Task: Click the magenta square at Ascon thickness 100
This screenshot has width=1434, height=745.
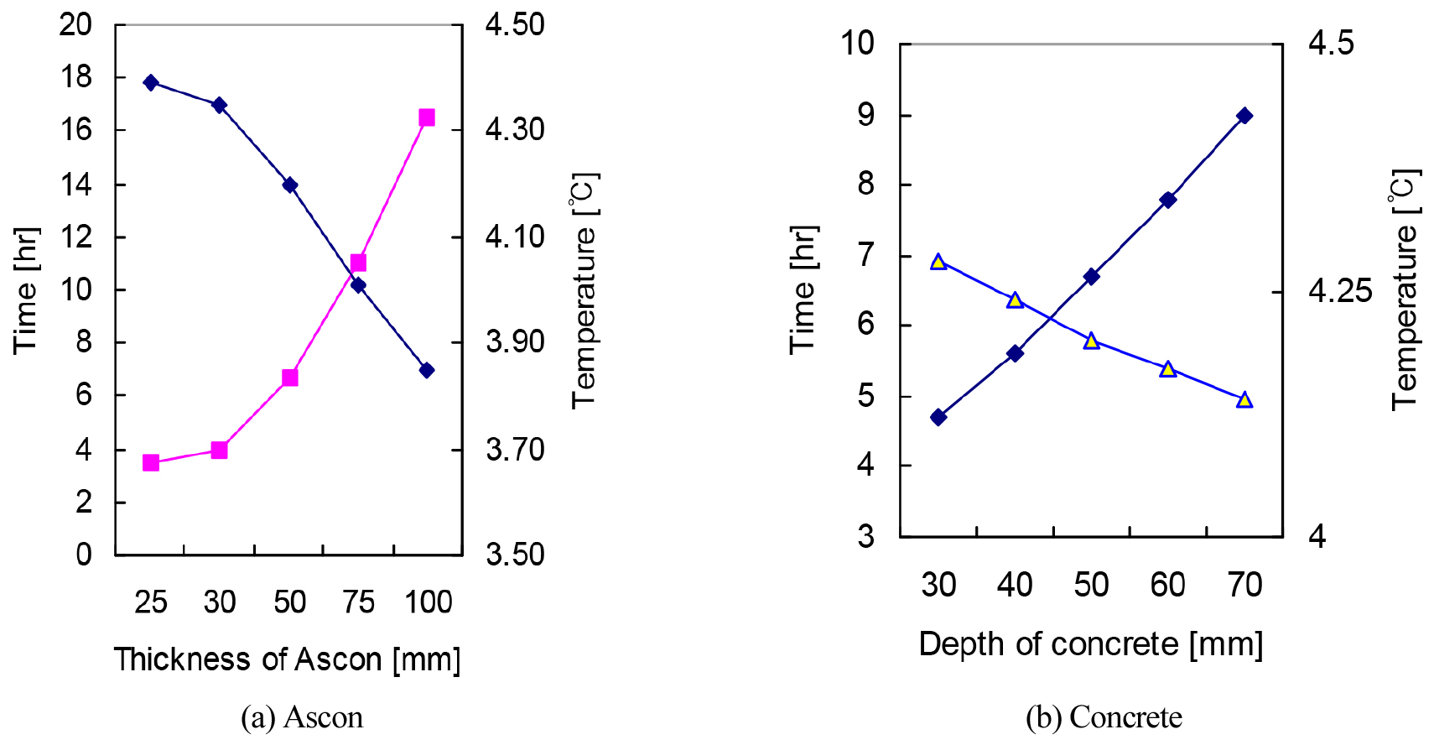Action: point(427,117)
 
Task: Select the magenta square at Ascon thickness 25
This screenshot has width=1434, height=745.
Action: point(151,462)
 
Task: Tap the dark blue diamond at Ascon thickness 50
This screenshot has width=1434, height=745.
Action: point(290,185)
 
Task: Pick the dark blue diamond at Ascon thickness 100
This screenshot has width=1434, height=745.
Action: point(427,370)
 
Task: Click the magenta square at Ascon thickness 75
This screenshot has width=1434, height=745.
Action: point(358,263)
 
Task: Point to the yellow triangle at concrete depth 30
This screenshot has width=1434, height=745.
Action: point(938,263)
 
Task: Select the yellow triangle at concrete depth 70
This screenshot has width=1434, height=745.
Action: point(1244,400)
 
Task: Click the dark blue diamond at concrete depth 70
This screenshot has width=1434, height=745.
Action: point(1244,116)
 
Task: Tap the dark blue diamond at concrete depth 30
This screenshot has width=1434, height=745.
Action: point(938,417)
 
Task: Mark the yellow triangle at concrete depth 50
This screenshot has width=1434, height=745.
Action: point(1091,341)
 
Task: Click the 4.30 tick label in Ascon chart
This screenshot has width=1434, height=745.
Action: point(515,130)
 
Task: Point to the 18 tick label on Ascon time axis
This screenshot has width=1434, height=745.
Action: point(75,77)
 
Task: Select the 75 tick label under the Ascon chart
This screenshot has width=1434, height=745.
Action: point(359,602)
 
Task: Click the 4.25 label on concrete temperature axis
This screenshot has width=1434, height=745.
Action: point(1340,291)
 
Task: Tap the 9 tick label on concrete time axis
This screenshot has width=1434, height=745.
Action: point(865,114)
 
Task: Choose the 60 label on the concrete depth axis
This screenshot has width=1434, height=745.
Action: point(1167,585)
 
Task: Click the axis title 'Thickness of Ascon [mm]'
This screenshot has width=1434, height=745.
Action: point(288,659)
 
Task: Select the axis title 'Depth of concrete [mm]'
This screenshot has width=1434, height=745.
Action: point(1090,644)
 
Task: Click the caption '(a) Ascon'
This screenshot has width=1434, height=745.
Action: point(302,718)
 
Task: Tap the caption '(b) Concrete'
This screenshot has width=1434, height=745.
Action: point(1104,718)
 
